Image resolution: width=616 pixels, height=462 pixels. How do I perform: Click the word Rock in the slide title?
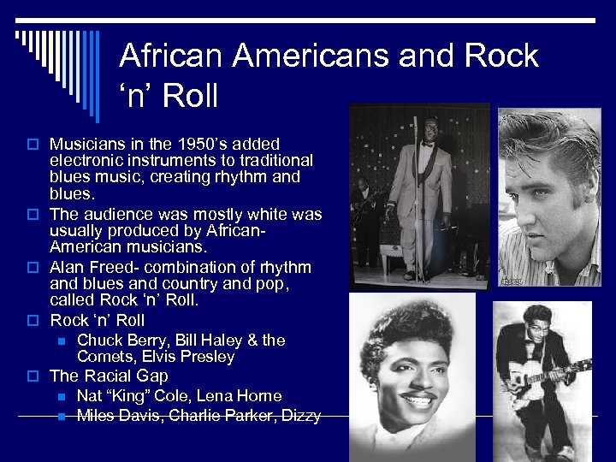point(502,56)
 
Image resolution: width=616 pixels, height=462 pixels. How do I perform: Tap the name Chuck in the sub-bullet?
point(100,340)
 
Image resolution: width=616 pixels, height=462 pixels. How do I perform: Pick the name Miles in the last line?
point(97,416)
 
